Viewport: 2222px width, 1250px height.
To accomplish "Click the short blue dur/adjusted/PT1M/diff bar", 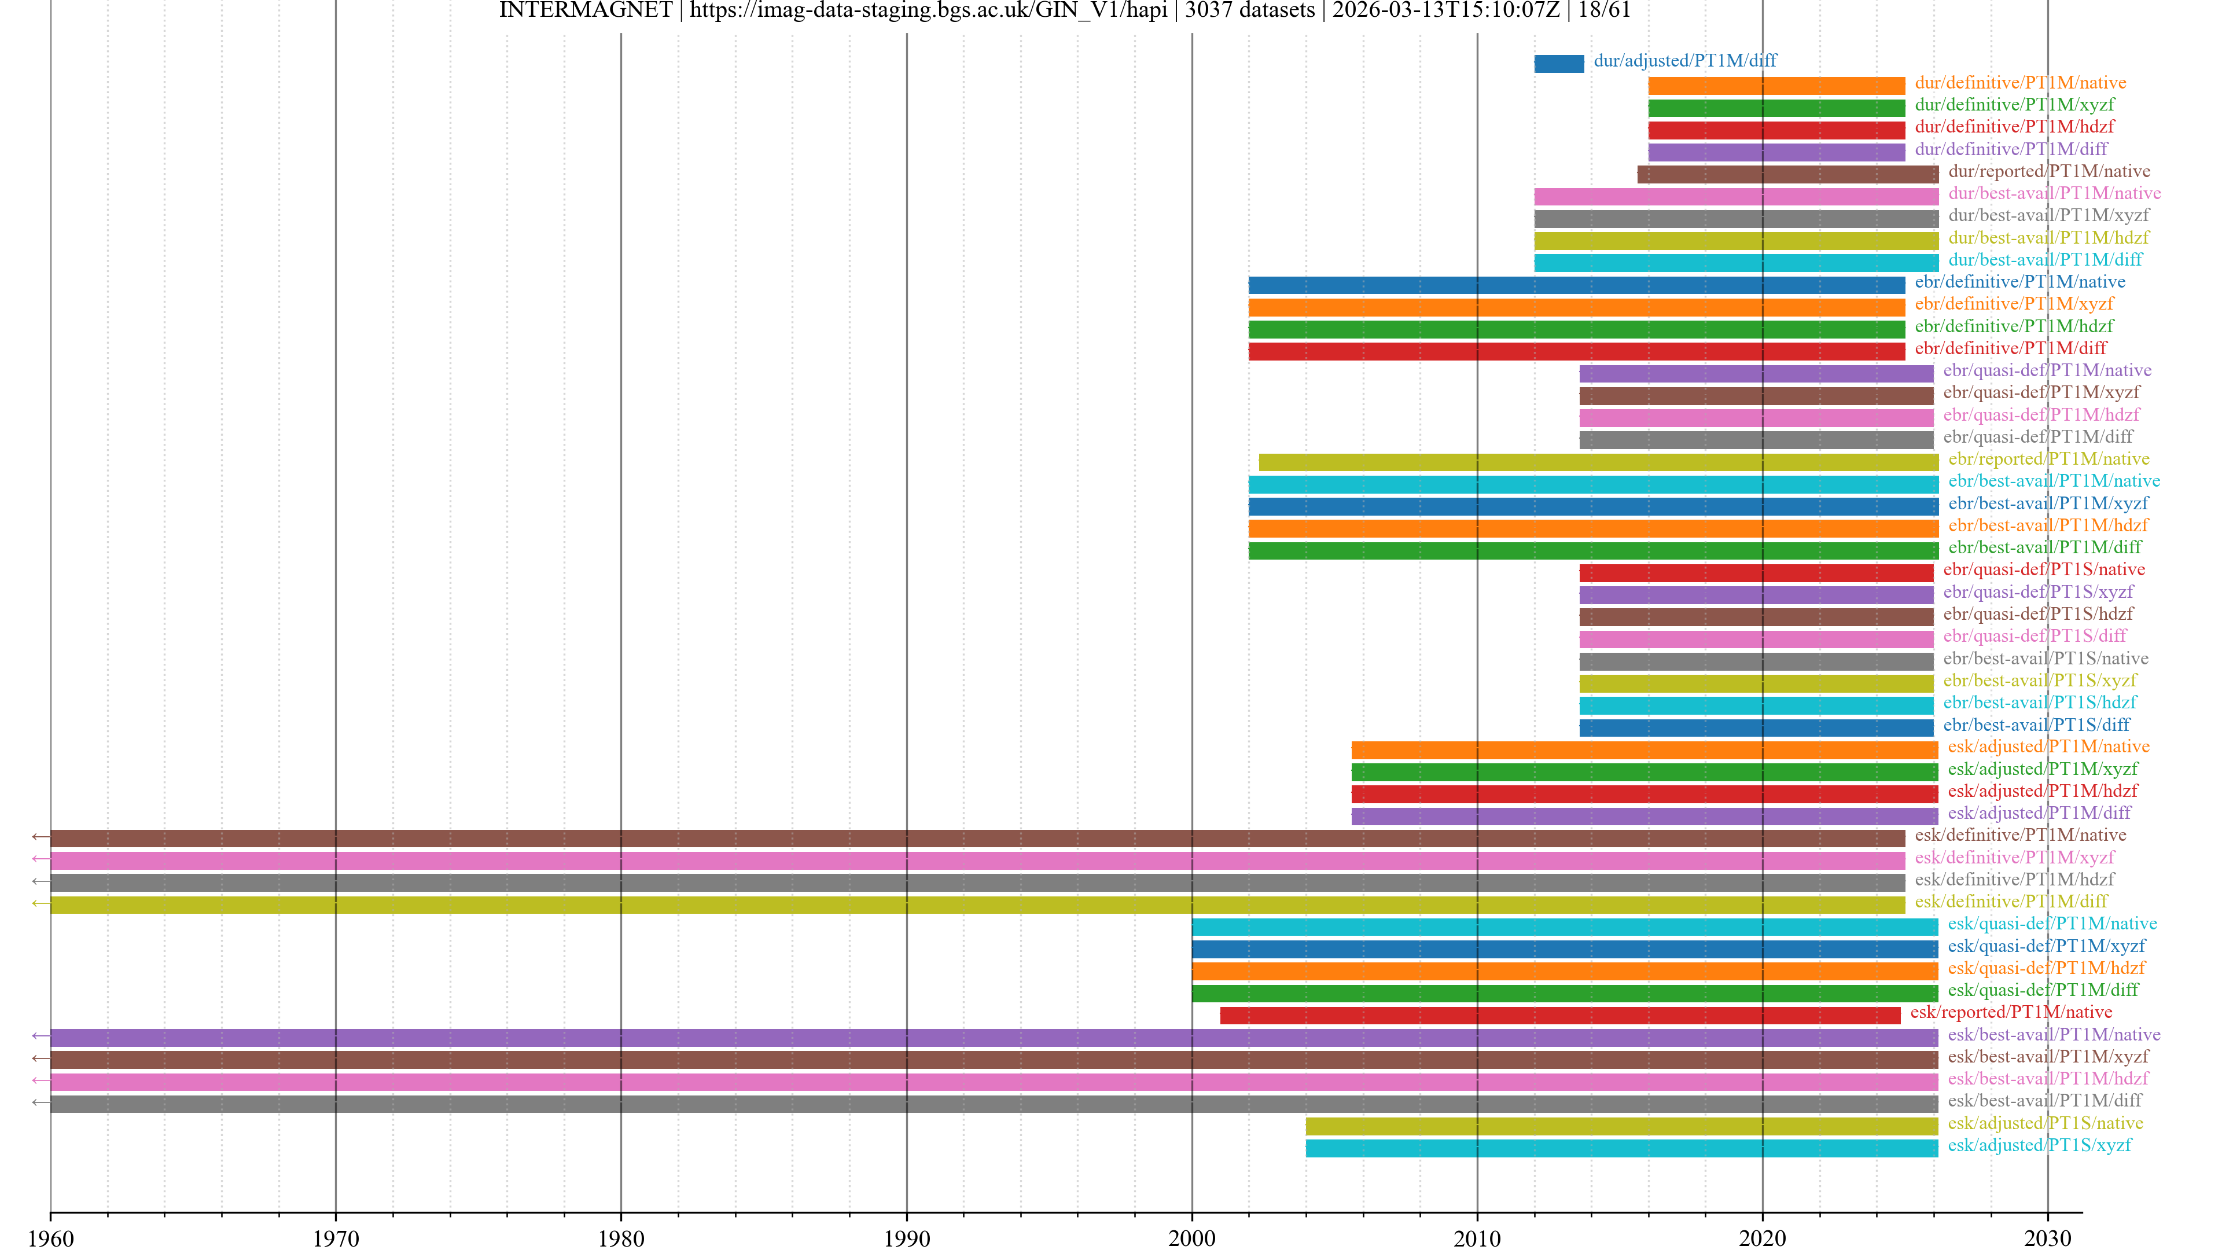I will [x=1559, y=64].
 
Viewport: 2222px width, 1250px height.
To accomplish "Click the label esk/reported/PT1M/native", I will [x=2011, y=1012].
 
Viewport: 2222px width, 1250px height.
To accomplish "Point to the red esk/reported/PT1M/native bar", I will [x=1559, y=1016].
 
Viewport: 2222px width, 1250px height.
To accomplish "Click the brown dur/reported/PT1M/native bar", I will [x=1787, y=174].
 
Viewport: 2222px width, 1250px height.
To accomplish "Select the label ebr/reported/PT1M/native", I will [x=2048, y=459].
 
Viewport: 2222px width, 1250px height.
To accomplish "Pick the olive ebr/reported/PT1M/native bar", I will [x=1598, y=462].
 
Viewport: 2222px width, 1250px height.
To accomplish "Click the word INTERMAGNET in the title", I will [x=586, y=10].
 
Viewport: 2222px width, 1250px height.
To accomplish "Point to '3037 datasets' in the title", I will [x=1250, y=10].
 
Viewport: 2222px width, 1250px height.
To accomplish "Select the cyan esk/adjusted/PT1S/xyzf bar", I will [x=1621, y=1148].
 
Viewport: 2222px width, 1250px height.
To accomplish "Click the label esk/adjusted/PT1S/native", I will [x=2045, y=1122].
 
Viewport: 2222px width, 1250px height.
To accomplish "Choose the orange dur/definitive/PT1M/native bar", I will [x=1776, y=86].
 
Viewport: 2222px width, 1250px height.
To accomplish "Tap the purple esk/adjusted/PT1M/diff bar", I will [x=1644, y=816].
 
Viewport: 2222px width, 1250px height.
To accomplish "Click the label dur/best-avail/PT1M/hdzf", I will [x=2048, y=237].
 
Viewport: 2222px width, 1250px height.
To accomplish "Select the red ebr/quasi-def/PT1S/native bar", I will [x=1756, y=573].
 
